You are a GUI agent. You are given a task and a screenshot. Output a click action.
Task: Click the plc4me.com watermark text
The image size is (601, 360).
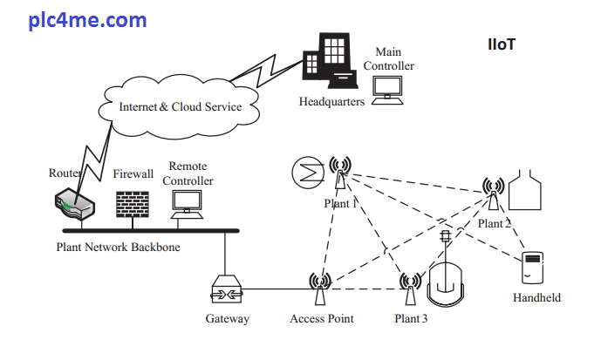click(x=87, y=20)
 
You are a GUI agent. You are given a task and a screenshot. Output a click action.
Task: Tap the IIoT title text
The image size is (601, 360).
click(x=503, y=44)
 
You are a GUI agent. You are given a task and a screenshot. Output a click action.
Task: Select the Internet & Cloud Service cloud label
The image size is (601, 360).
click(x=180, y=107)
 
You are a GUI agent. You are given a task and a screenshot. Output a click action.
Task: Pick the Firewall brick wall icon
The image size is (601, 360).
click(x=133, y=203)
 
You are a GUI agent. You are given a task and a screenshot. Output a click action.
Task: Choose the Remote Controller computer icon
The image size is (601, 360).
click(x=188, y=203)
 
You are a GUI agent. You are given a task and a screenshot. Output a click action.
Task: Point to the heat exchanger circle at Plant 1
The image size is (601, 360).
click(x=307, y=172)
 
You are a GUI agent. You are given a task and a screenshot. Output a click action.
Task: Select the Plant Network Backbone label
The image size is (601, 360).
click(x=118, y=248)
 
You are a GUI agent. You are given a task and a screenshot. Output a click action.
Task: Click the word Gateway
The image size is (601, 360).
click(x=227, y=319)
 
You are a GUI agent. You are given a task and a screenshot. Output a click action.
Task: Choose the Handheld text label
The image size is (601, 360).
click(x=536, y=297)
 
